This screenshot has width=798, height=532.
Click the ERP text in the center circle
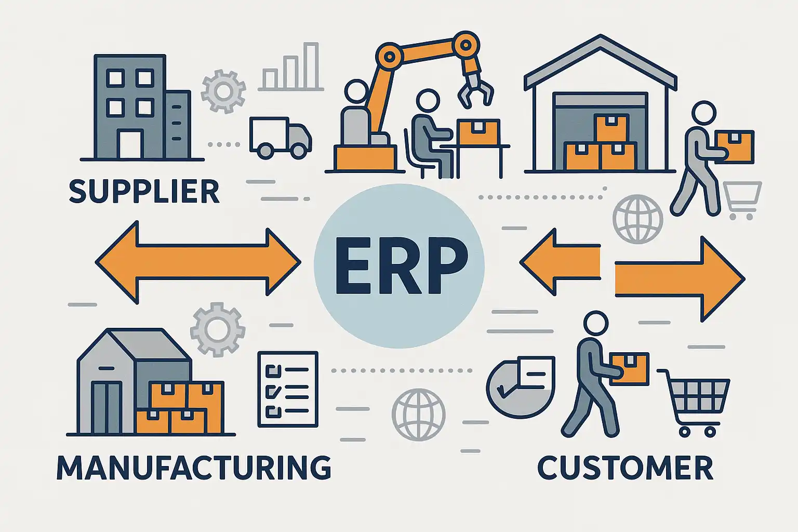401,265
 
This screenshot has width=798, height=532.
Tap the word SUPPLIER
144,191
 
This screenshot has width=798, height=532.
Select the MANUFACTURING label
194,467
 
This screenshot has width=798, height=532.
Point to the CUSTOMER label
625,468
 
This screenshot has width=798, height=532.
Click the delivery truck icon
281,138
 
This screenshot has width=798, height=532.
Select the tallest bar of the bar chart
311,65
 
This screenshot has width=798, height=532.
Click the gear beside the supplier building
223,91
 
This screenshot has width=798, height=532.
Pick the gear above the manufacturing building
218,329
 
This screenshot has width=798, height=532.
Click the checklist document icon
288,389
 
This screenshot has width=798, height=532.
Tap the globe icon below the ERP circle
419,415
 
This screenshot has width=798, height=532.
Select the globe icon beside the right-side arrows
637,219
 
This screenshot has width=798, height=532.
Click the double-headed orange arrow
198,262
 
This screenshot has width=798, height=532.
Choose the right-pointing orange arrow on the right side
680,279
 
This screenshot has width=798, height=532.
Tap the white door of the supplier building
130,144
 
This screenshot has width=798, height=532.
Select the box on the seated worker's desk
478,132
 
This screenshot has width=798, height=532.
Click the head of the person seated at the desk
428,100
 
